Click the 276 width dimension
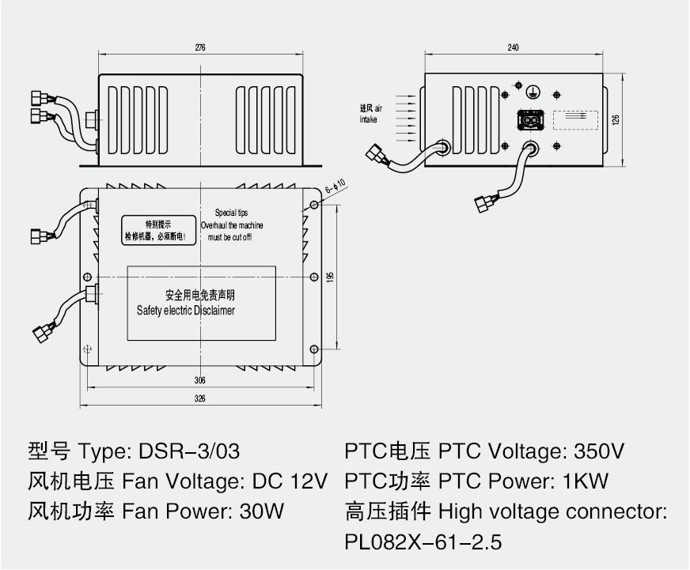199,48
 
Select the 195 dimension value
332,277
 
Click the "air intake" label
370,114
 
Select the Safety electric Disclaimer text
186,311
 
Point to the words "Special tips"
231,213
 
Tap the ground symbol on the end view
533,90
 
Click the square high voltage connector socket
529,119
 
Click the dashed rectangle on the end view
574,119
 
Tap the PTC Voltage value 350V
597,452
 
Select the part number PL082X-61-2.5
423,543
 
